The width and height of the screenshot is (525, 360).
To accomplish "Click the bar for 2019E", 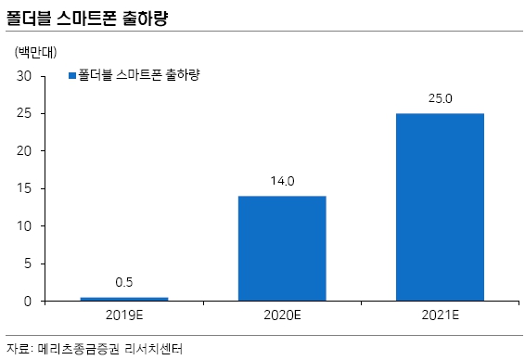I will (x=124, y=299).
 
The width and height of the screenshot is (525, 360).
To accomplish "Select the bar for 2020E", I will (x=282, y=248).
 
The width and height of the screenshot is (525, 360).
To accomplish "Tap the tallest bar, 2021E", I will (x=440, y=207).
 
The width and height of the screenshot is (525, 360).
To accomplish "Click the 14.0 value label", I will (x=282, y=183).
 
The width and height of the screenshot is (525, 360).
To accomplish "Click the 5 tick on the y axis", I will (x=29, y=264).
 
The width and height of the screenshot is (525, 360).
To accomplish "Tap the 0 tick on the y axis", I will (x=29, y=302).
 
